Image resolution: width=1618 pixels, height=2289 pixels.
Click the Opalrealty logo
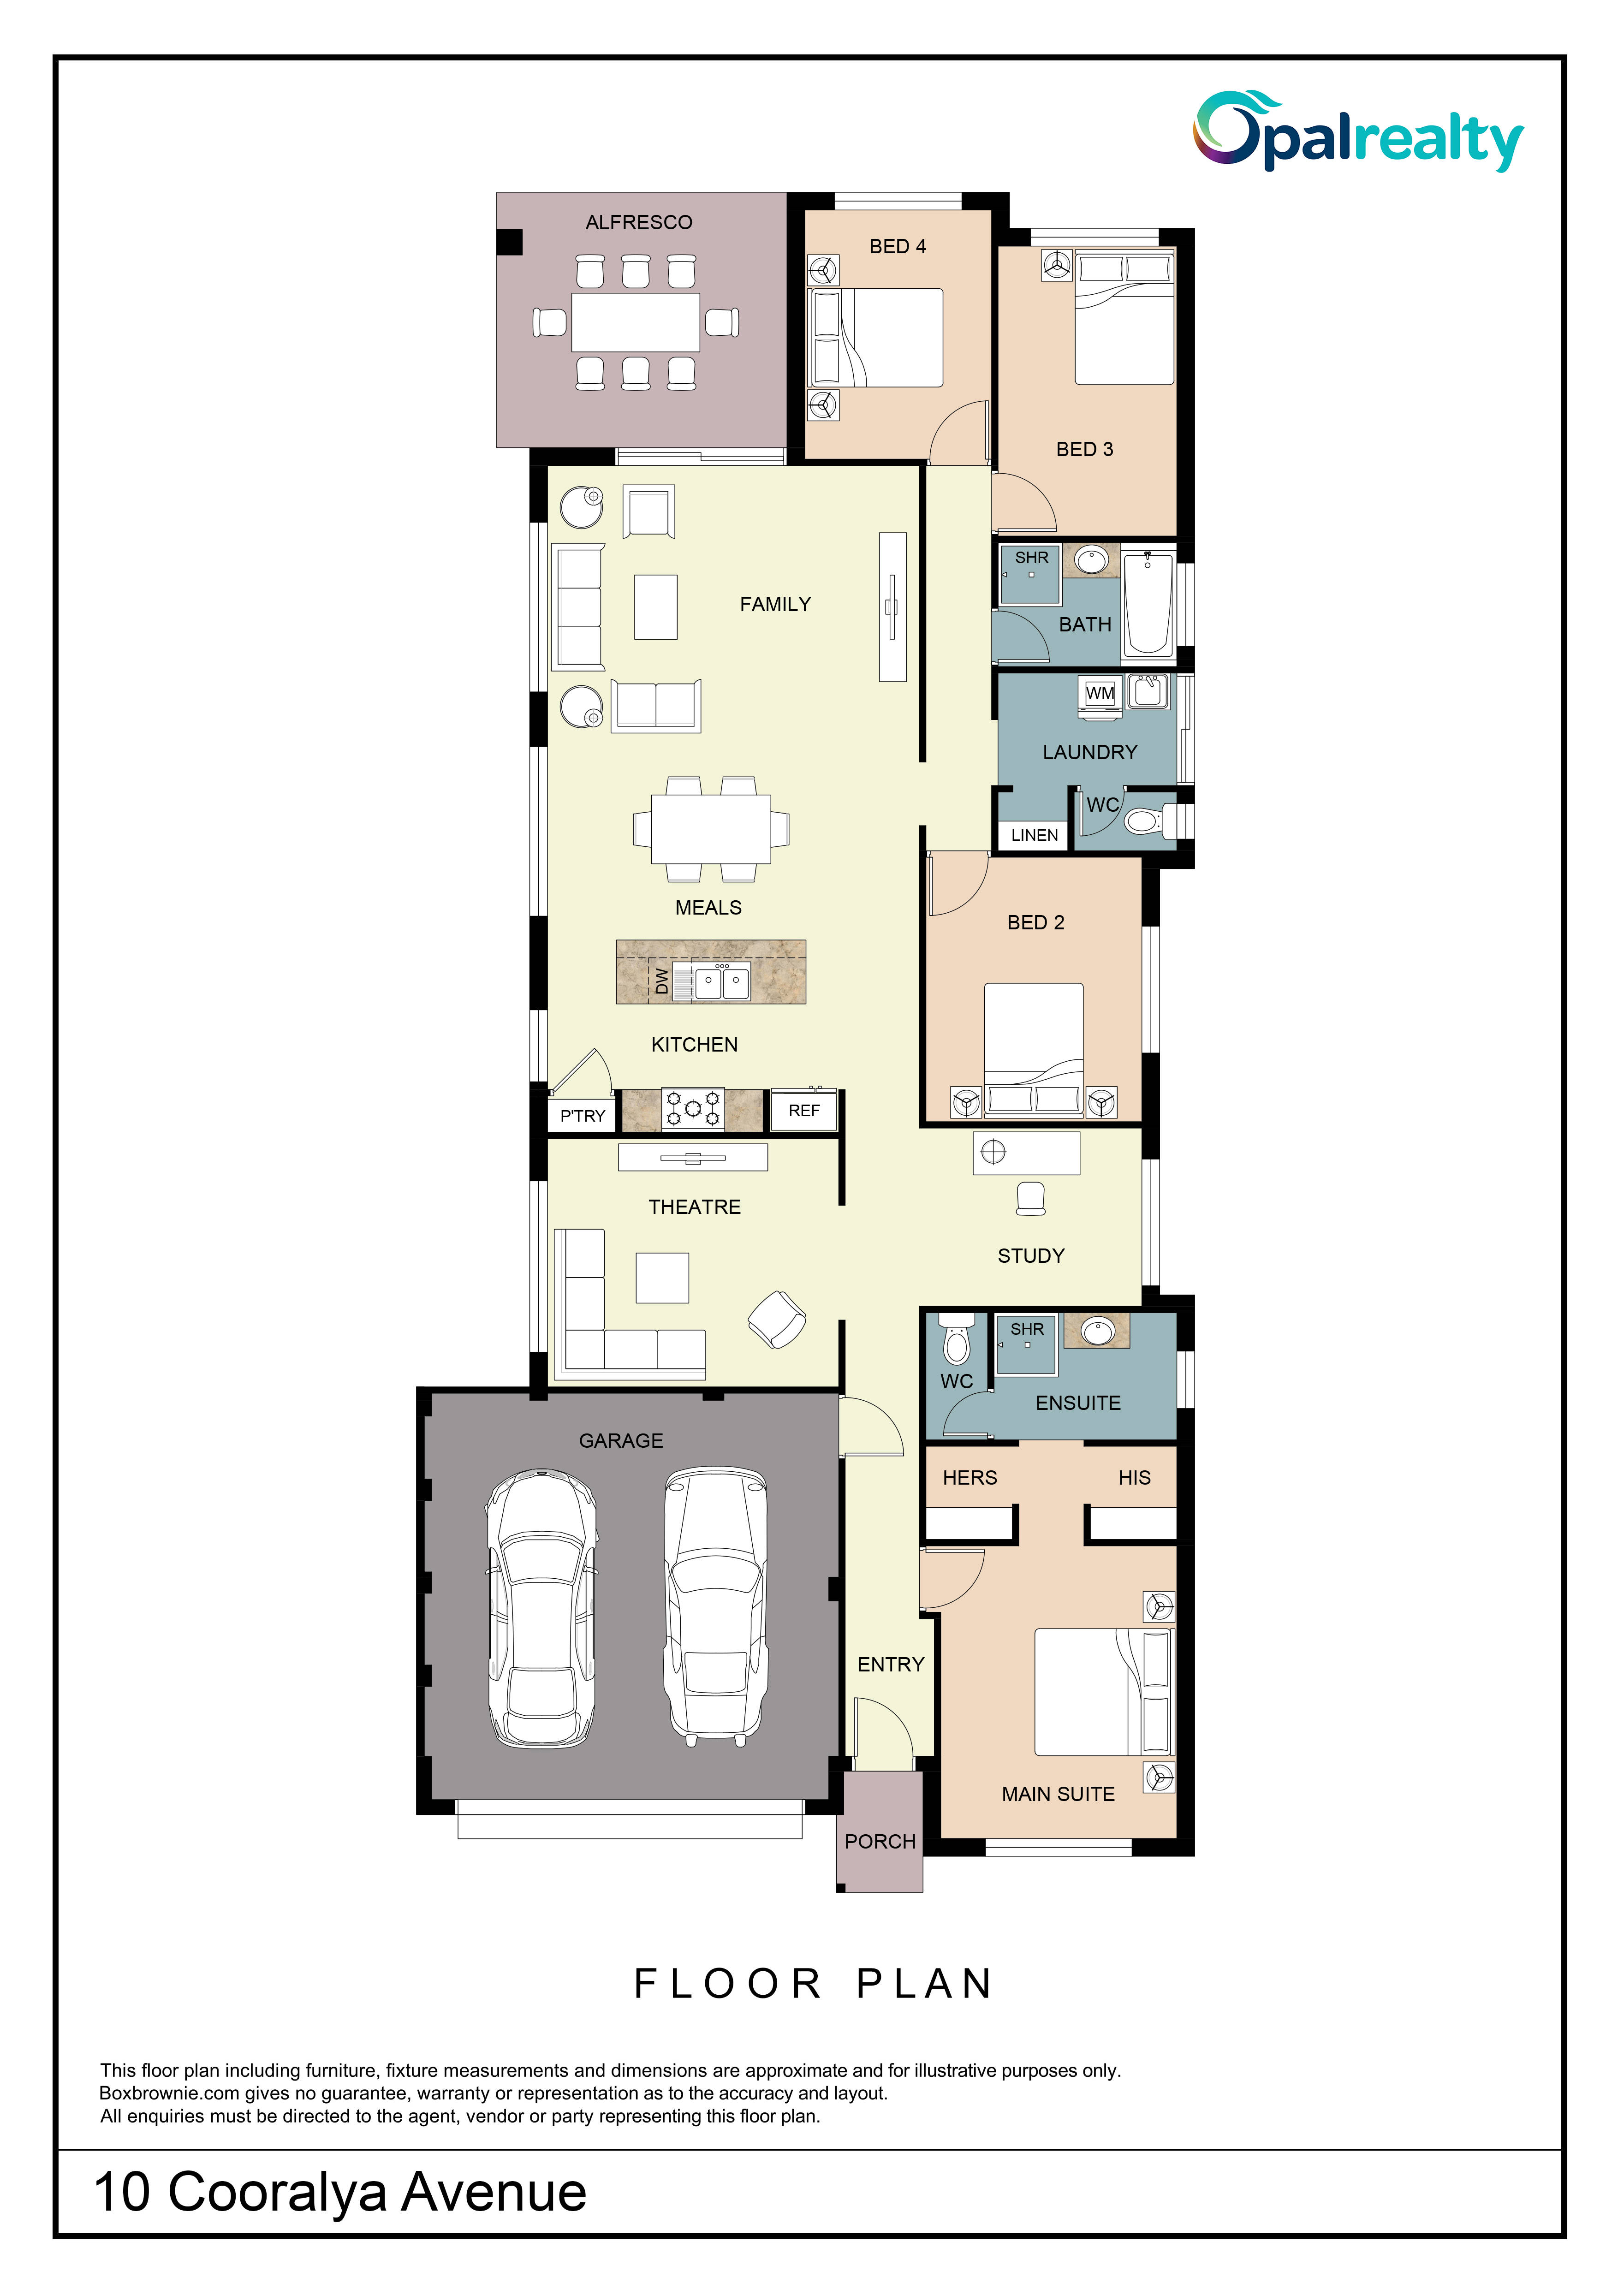pos(1359,131)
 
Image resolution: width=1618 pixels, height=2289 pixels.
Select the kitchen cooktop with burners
pos(693,1109)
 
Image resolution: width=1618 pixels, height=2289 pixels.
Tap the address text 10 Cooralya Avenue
pos(340,2192)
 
